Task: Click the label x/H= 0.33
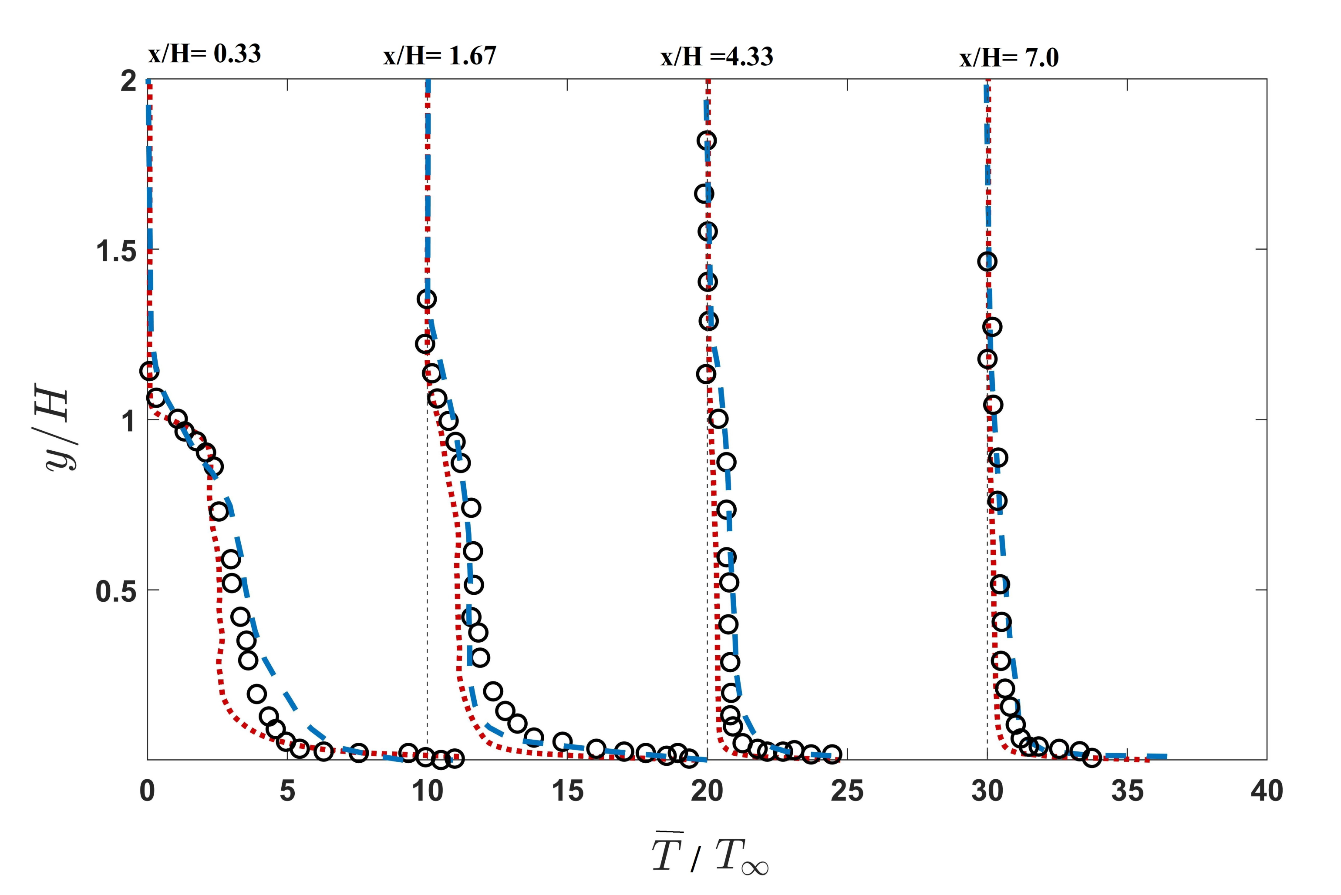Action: coord(205,54)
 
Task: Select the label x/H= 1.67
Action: coord(440,56)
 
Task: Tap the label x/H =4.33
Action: coord(717,57)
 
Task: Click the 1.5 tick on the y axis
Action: coord(115,251)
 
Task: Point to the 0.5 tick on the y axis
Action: coord(115,591)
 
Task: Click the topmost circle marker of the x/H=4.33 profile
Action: coord(707,141)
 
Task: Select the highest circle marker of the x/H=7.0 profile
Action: coord(987,261)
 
